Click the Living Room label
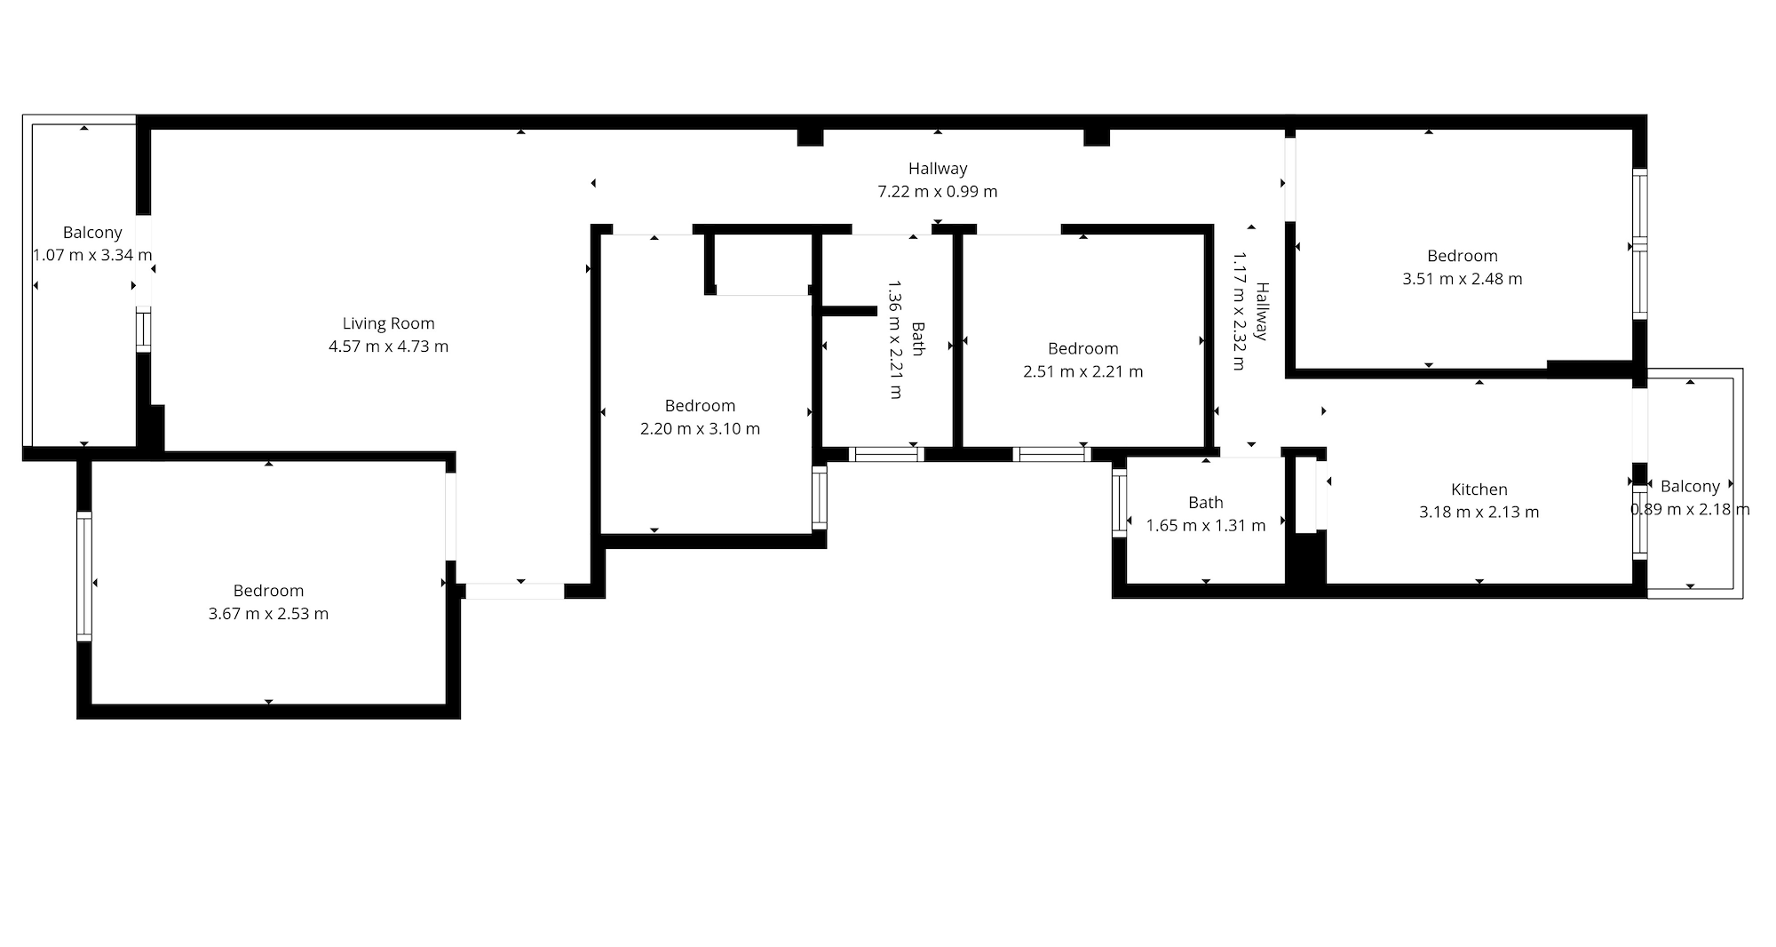pos(389,323)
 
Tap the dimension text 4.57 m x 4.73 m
pos(389,346)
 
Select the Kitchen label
pos(1479,489)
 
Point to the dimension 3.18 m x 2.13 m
pos(1479,512)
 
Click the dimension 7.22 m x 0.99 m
pos(938,191)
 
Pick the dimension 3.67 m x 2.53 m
pos(268,613)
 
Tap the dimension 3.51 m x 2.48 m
pos(1463,278)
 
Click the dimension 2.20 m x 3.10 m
pos(700,428)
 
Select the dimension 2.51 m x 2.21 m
pos(1083,371)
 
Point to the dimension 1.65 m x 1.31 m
pos(1206,525)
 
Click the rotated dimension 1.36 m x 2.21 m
pos(896,339)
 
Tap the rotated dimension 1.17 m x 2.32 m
pos(1240,311)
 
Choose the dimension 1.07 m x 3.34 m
pos(92,255)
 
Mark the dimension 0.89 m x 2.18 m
pos(1690,509)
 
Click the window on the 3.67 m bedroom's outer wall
pos(84,577)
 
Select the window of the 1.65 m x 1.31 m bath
pos(1120,503)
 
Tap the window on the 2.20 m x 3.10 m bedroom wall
pos(820,497)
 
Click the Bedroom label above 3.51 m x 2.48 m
pos(1463,256)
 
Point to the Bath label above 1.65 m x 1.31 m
pos(1206,503)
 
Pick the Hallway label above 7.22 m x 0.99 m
pos(938,168)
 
